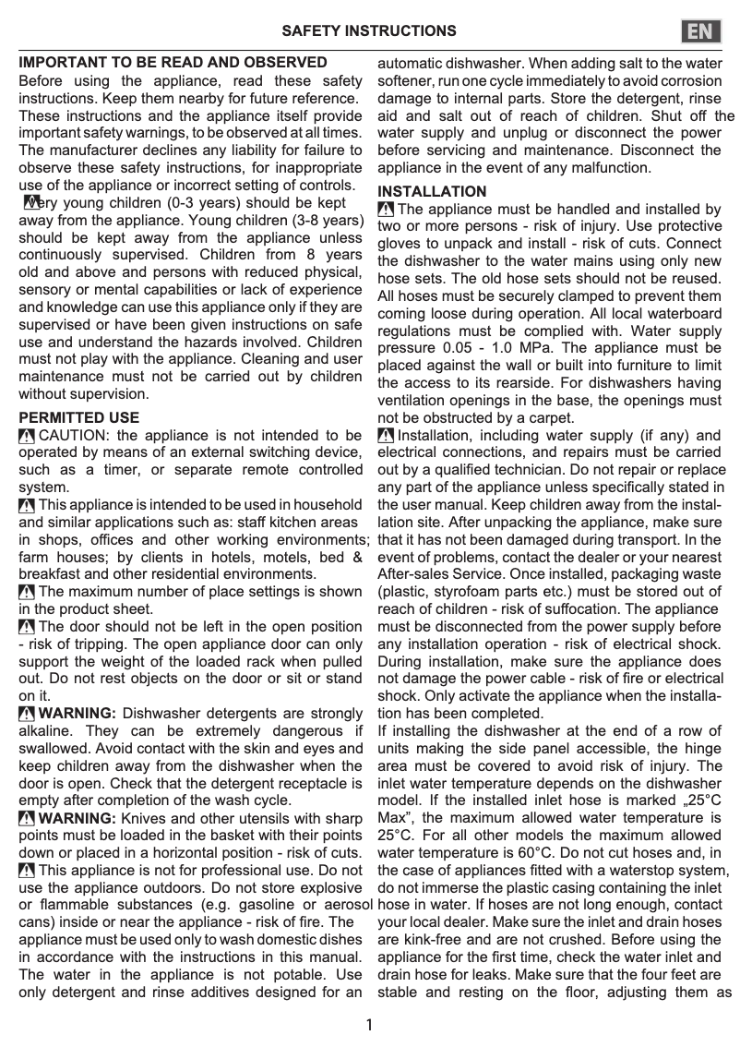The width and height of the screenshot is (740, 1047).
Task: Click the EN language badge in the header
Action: [701, 31]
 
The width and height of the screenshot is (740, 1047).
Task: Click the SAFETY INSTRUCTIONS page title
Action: [368, 31]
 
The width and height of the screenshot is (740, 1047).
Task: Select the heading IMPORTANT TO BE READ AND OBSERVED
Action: [173, 63]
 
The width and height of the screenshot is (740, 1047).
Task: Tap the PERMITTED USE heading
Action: [79, 418]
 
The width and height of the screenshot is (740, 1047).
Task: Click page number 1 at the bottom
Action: [369, 1025]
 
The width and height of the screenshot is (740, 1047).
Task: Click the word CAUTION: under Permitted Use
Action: [76, 436]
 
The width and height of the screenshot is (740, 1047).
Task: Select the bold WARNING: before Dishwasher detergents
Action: [78, 713]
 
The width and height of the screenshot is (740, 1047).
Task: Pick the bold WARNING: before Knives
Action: [78, 818]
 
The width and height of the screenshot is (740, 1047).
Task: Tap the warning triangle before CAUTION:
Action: [28, 436]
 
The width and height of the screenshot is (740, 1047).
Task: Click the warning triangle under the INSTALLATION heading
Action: [387, 210]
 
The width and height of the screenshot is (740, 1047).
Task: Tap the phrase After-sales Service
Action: [435, 574]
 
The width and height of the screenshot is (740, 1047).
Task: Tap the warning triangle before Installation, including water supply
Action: [387, 436]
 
